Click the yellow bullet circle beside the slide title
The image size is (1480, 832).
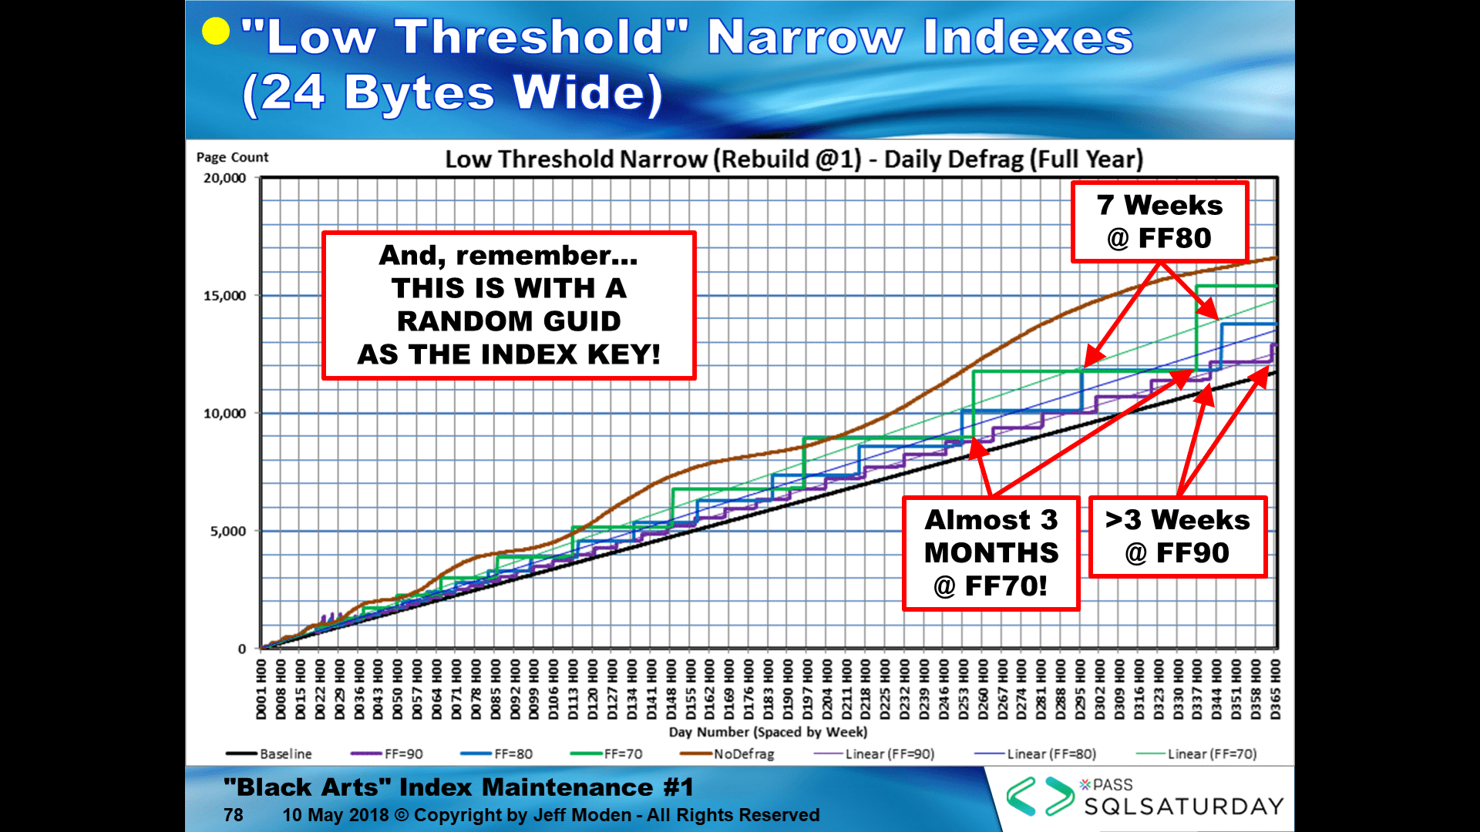click(x=216, y=32)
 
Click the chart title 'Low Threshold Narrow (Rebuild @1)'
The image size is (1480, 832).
click(x=654, y=159)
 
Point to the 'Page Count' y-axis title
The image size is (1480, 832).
click(x=232, y=157)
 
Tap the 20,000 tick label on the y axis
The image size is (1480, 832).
click(x=224, y=178)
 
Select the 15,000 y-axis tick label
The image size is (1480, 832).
click(x=224, y=296)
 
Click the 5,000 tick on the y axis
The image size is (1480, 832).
click(x=227, y=532)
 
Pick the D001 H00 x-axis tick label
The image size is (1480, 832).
click(x=261, y=689)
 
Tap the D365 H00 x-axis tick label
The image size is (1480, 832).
click(x=1276, y=689)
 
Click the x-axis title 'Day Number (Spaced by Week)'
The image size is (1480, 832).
click(x=768, y=732)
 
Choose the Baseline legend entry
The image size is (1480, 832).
click(x=269, y=754)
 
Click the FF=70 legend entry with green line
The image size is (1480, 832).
click(x=607, y=754)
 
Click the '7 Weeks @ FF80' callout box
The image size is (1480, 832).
click(x=1159, y=222)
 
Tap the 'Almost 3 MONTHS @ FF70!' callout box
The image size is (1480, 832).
click(x=991, y=553)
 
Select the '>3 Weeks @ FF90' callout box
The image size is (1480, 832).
click(x=1177, y=537)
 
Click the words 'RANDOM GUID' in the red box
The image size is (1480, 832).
click(x=509, y=321)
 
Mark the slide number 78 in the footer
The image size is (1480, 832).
click(x=234, y=815)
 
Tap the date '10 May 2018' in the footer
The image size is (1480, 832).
click(x=335, y=815)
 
